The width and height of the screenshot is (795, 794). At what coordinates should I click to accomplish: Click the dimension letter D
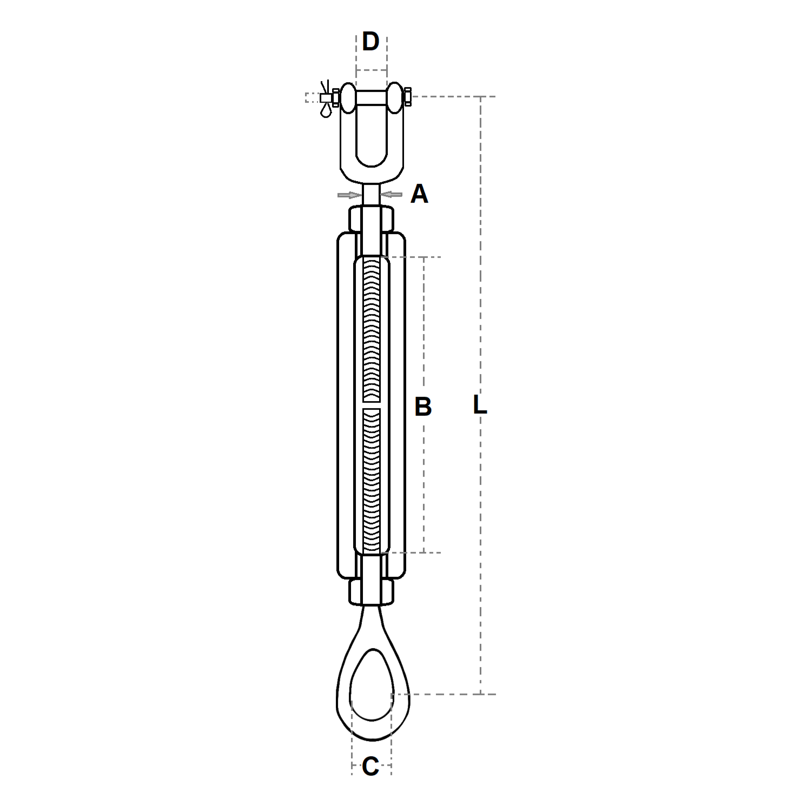(x=370, y=41)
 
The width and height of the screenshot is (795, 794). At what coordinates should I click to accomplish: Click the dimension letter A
(x=419, y=194)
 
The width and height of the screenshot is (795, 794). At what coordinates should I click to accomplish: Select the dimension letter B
(x=423, y=406)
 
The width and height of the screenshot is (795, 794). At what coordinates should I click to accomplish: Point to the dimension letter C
(x=370, y=766)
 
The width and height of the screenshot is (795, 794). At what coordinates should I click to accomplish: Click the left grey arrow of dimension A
(x=349, y=195)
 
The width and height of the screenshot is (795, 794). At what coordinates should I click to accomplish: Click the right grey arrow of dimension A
(x=392, y=194)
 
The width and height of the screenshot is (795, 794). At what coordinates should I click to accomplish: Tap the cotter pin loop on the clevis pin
(x=326, y=110)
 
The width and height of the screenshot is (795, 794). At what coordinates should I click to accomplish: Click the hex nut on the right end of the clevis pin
(x=408, y=97)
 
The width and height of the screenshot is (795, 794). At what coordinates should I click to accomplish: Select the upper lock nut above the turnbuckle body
(x=372, y=218)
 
